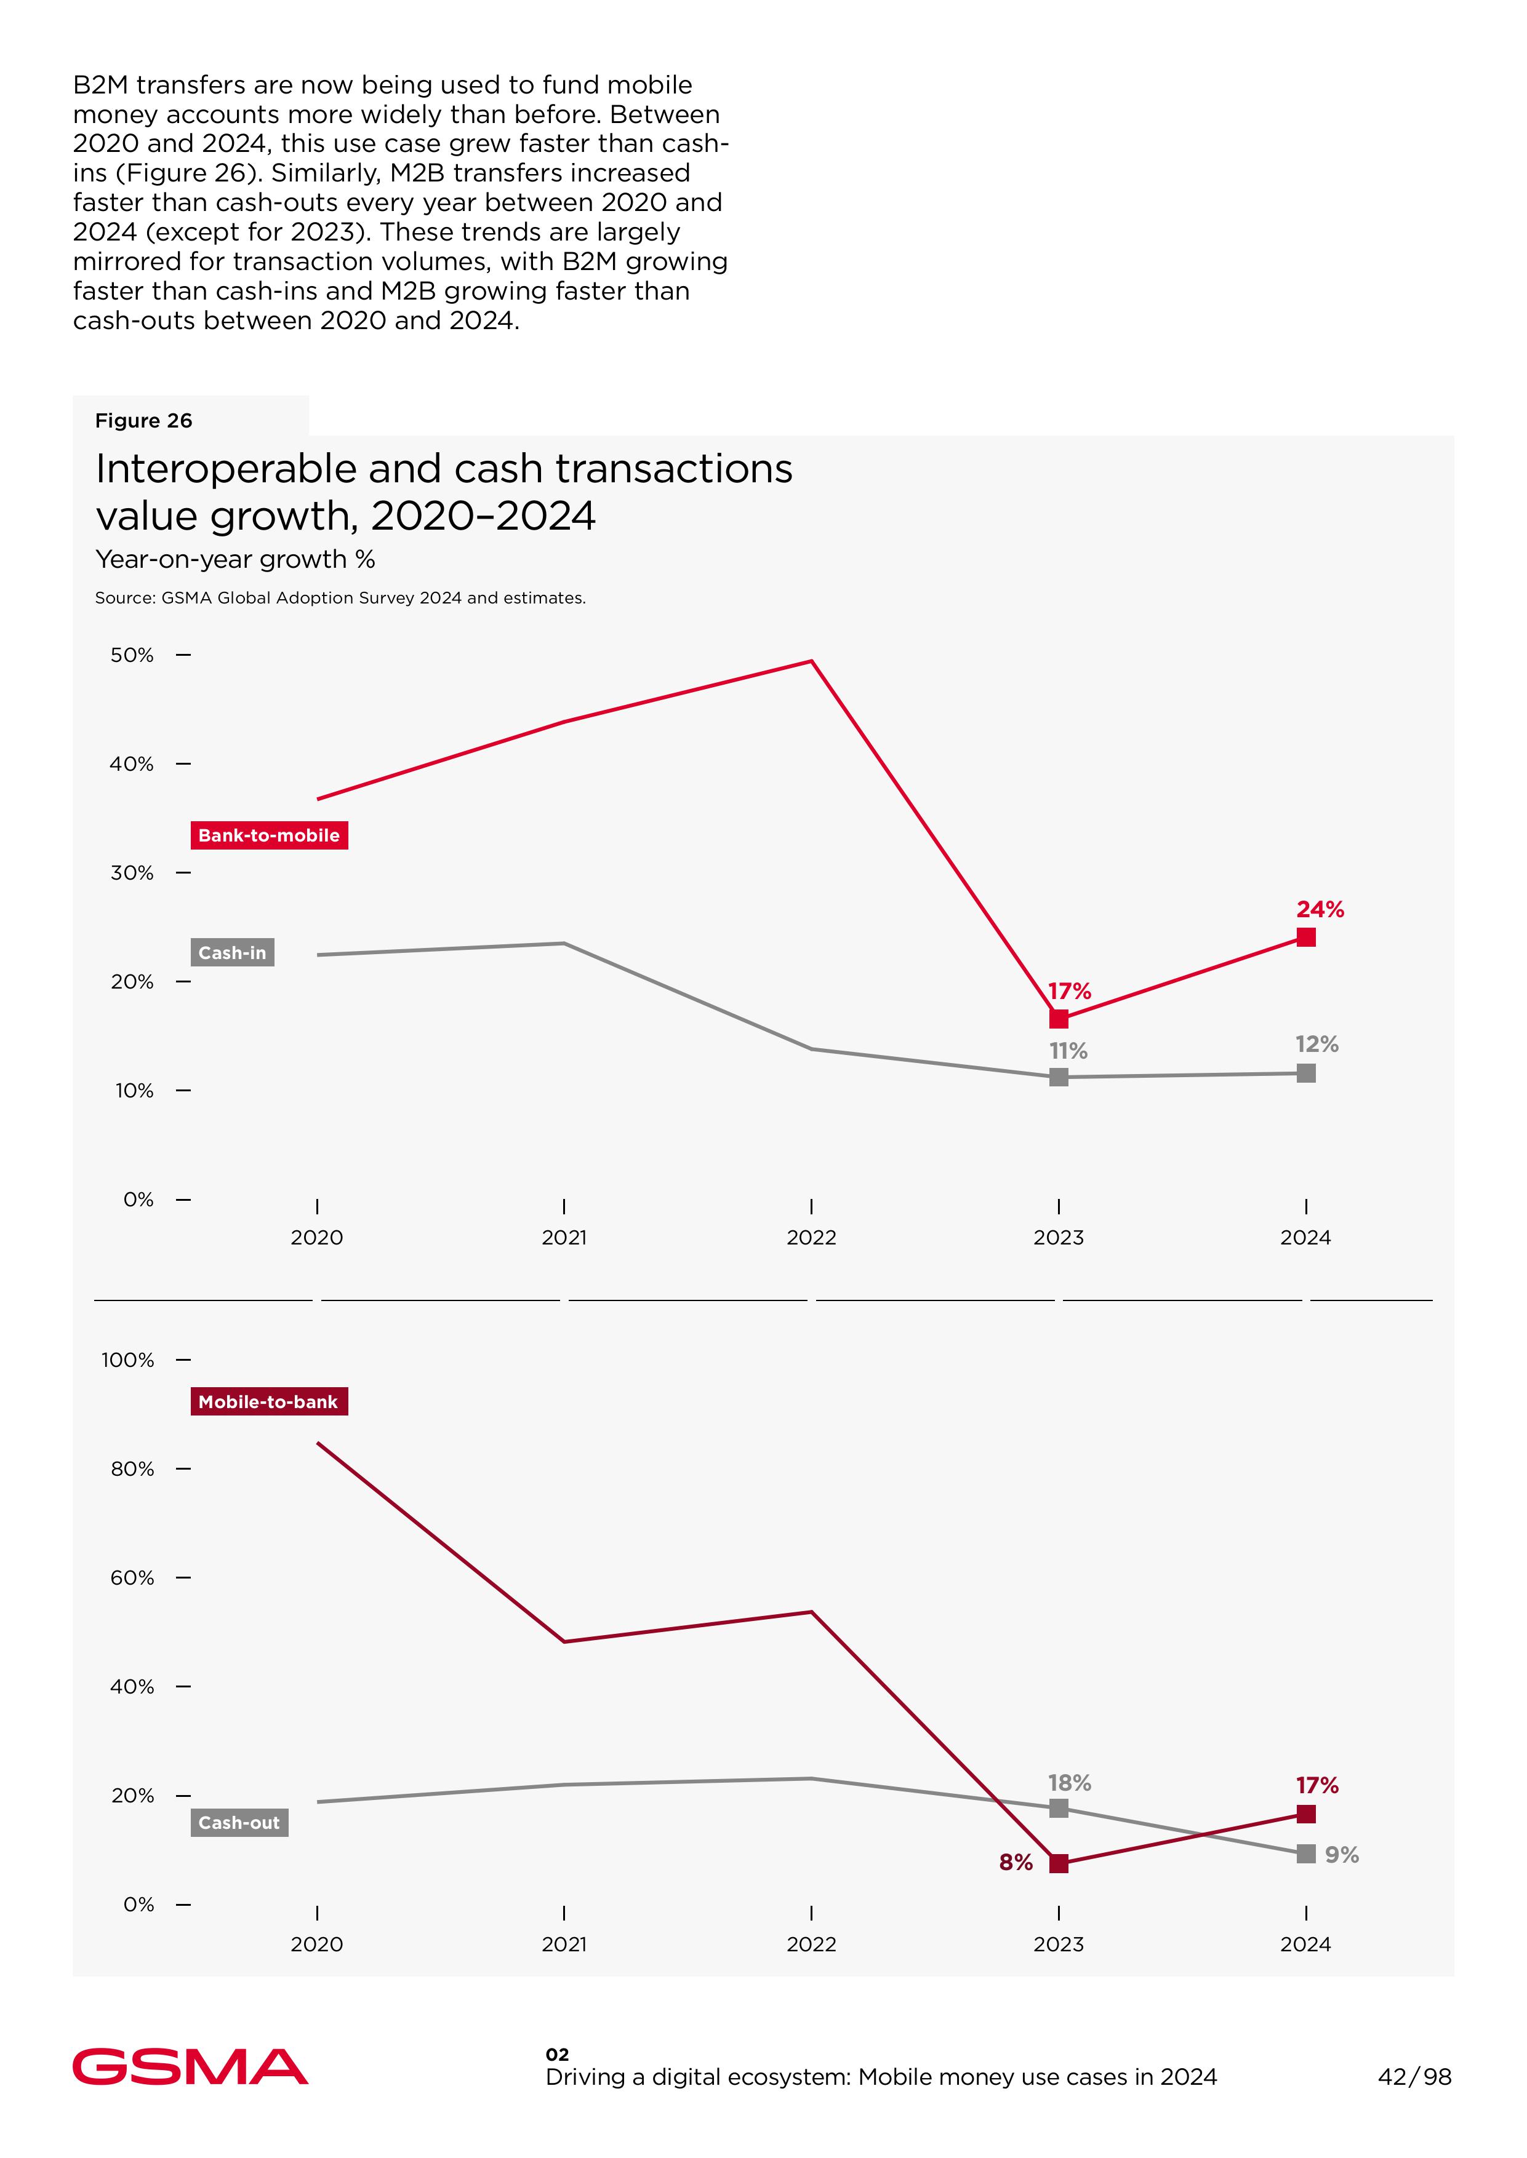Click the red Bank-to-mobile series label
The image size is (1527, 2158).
pyautogui.click(x=269, y=835)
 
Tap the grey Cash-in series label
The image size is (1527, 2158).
pyautogui.click(x=232, y=952)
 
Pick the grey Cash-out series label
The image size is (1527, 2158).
pyautogui.click(x=239, y=1823)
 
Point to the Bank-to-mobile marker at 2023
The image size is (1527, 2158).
pyautogui.click(x=1059, y=1019)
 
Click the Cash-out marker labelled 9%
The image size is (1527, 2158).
pyautogui.click(x=1306, y=1853)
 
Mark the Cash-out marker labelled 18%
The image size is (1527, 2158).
pyautogui.click(x=1059, y=1809)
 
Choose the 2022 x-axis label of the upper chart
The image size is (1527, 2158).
pyautogui.click(x=811, y=1237)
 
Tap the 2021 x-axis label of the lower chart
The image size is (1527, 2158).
pyautogui.click(x=564, y=1944)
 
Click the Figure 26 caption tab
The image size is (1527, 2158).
pyautogui.click(x=144, y=420)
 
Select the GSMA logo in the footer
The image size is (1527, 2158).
pyautogui.click(x=190, y=2067)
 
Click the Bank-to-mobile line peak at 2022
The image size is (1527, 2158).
pyautogui.click(x=811, y=662)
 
